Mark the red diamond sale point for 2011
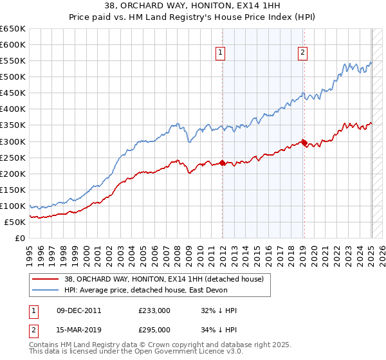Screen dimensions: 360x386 coord(222,163)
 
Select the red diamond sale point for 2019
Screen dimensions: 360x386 coord(304,143)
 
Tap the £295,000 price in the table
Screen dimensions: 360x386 coord(154,329)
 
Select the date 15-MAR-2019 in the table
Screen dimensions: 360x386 coord(78,329)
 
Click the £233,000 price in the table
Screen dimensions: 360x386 coord(154,310)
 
